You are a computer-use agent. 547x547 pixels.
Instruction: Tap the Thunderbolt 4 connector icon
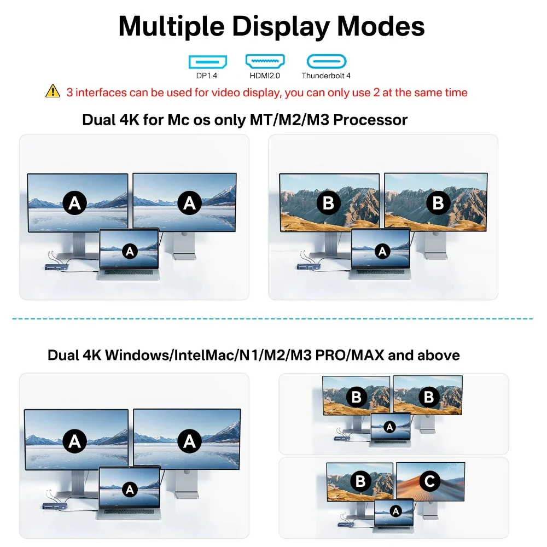[327, 61]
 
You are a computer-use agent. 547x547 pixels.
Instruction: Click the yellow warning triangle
[53, 91]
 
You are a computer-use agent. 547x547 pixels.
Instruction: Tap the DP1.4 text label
[207, 75]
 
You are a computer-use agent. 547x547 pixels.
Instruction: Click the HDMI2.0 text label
[264, 75]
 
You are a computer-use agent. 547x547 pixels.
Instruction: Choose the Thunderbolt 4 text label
[327, 75]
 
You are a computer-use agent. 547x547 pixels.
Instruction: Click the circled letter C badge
[429, 481]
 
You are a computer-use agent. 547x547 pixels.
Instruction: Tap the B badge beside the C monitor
[360, 481]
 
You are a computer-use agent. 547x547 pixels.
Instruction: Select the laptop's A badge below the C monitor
[394, 510]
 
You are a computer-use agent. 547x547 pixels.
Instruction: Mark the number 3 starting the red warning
[69, 92]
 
